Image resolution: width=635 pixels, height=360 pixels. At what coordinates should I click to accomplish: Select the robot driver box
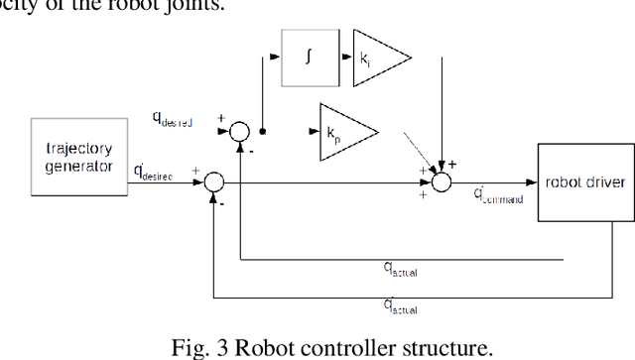tap(582, 181)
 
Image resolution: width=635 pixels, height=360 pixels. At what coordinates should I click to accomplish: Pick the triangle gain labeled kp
tap(347, 129)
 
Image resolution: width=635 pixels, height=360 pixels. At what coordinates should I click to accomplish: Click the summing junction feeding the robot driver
tap(442, 181)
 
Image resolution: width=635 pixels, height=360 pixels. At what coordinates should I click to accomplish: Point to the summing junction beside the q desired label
tap(239, 130)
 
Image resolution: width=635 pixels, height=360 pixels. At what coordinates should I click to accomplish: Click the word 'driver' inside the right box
tap(600, 181)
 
